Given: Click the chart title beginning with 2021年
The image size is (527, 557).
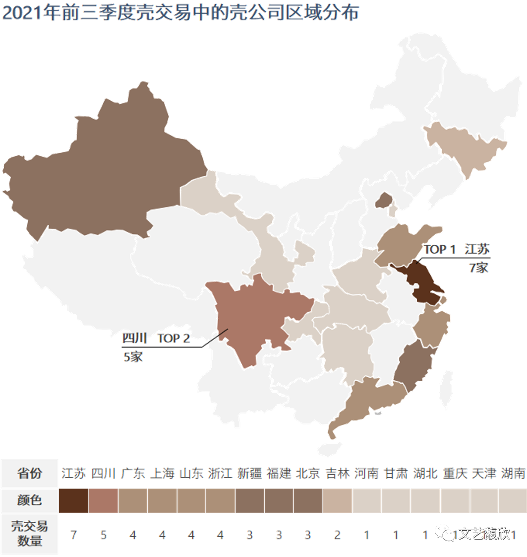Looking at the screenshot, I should [x=180, y=13].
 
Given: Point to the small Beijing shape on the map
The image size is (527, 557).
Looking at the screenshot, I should [x=383, y=200].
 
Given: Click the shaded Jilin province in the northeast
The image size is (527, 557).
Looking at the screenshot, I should [x=466, y=144].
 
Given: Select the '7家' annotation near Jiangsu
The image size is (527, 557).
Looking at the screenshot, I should [x=478, y=268].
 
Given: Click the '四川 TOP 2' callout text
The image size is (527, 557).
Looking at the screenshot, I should [x=156, y=339].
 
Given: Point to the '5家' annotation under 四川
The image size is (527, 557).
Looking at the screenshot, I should [x=133, y=356].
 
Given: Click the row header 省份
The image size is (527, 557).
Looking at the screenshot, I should [x=29, y=474].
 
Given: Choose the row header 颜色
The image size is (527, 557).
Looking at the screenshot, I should [x=29, y=500].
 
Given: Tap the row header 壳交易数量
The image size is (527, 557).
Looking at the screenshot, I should [x=29, y=534].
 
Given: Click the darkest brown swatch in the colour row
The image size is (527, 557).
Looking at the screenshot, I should [x=73, y=500].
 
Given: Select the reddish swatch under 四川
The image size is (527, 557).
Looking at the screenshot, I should [x=103, y=500].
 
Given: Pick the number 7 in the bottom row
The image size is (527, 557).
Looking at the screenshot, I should [x=73, y=535].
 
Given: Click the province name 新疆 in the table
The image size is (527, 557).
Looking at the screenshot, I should [x=249, y=474].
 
